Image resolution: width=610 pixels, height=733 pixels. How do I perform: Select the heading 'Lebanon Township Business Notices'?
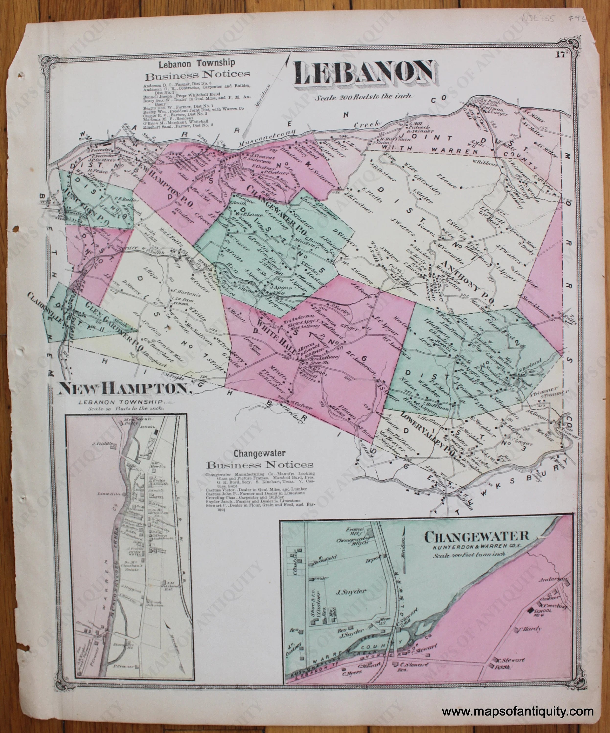[197, 68]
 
